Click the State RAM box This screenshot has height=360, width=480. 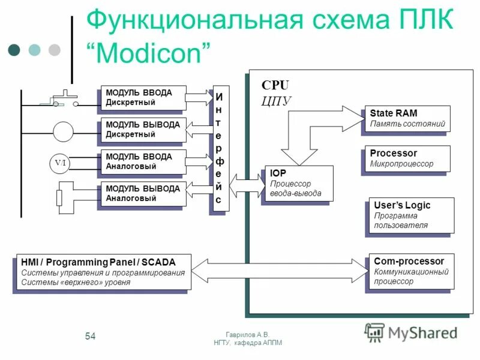[406, 118]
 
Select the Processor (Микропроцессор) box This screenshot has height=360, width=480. [406, 159]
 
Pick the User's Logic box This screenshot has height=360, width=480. [409, 215]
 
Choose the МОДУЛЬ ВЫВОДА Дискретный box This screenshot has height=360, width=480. [143, 130]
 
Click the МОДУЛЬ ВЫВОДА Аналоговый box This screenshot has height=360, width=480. [143, 193]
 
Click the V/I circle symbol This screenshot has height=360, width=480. [61, 163]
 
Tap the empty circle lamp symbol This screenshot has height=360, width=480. [63, 130]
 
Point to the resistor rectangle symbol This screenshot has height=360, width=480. [59, 197]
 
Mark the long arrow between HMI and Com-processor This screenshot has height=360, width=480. [279, 271]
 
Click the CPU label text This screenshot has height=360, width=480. [275, 86]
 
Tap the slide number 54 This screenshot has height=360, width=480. [90, 335]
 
